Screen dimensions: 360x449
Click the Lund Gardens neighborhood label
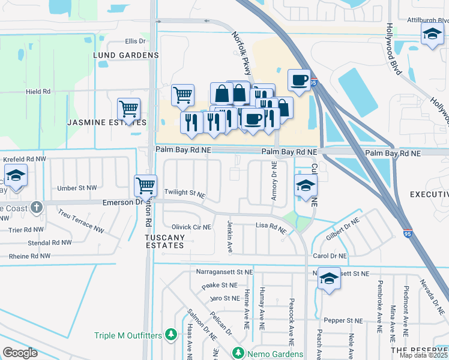(125, 55)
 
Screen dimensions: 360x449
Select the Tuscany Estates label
(164, 242)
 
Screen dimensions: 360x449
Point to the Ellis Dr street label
(135, 41)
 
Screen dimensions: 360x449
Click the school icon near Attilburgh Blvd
(432, 35)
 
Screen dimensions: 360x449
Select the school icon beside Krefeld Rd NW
(16, 177)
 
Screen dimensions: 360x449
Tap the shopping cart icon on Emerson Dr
(145, 185)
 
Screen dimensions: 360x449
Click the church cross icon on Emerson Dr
(37, 208)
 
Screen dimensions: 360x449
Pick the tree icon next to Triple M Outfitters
(171, 334)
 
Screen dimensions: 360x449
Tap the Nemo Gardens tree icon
(239, 352)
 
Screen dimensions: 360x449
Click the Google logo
(20, 352)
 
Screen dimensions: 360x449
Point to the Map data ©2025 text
(423, 355)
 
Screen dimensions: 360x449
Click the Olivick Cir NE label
(191, 227)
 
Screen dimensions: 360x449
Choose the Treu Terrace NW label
(80, 221)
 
